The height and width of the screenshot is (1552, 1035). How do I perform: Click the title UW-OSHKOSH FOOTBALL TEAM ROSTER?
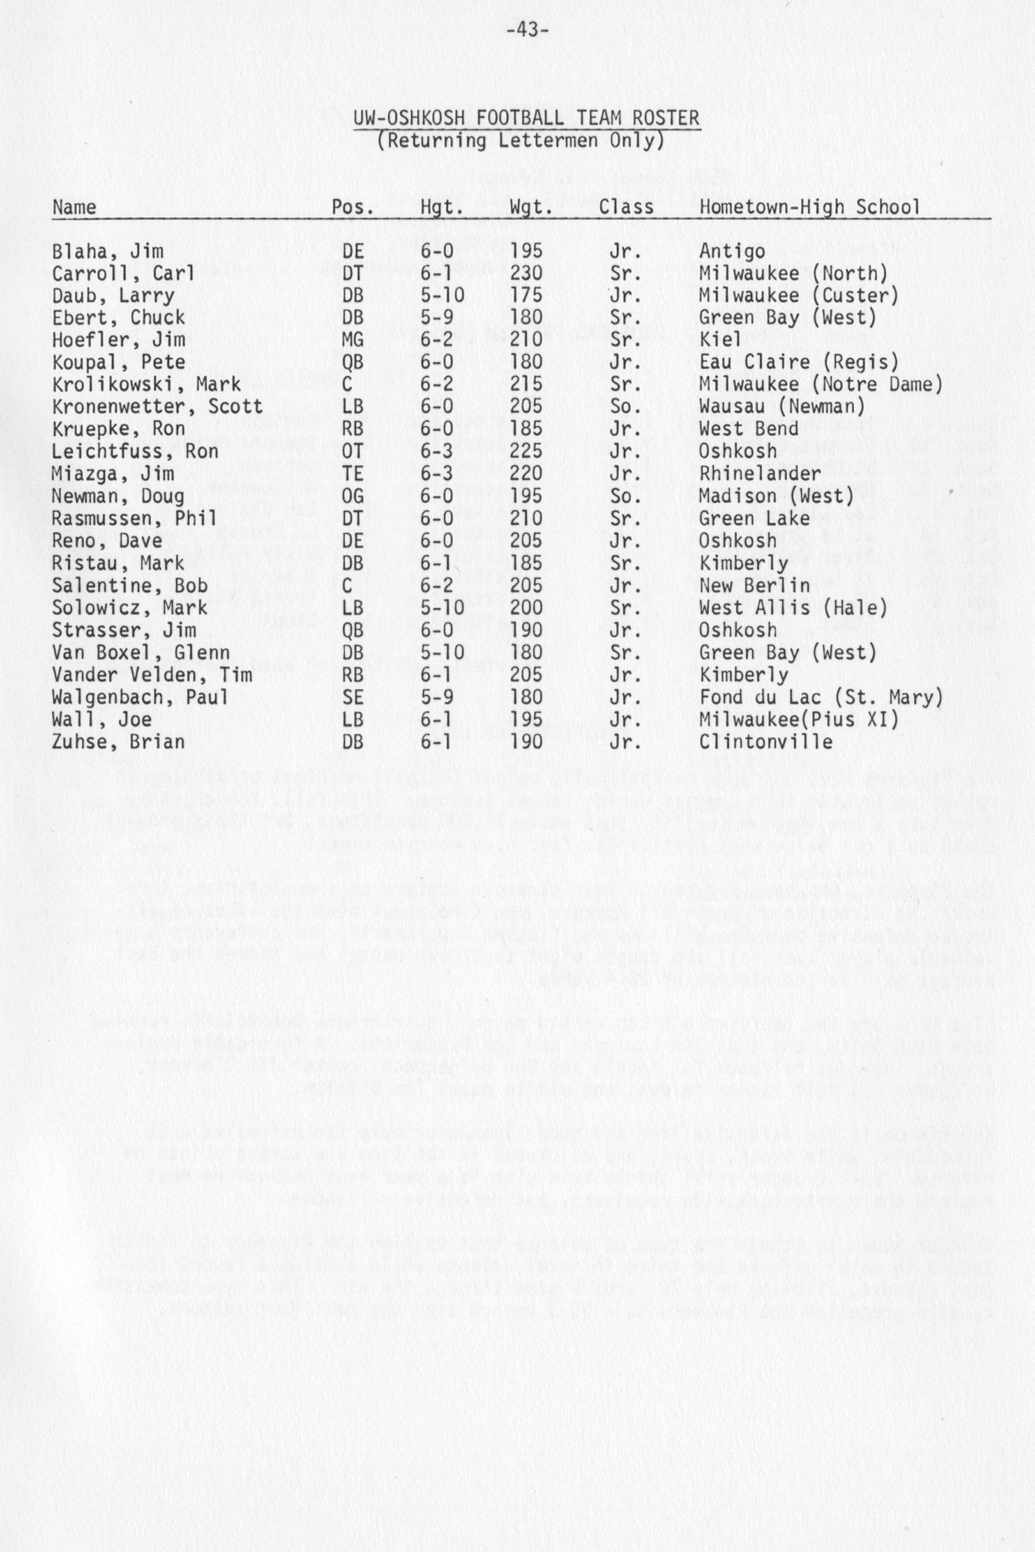pos(526,118)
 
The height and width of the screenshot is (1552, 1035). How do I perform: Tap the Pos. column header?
pos(352,208)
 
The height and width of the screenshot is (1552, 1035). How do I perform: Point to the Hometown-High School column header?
pos(809,208)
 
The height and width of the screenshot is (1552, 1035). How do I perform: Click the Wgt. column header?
pos(531,208)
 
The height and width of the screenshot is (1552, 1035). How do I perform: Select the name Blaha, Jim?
pos(108,252)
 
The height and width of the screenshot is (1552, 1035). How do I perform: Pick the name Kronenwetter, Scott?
pos(157,407)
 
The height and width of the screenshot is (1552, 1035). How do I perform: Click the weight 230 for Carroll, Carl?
pos(526,273)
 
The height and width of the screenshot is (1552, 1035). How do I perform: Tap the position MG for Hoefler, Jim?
pos(352,340)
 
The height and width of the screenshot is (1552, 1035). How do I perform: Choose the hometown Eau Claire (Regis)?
pos(799,362)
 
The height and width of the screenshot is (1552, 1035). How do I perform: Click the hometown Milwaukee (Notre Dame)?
pos(820,385)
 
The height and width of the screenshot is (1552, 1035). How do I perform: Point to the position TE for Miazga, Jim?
pos(352,473)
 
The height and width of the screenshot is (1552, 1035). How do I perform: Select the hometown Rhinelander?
pos(760,473)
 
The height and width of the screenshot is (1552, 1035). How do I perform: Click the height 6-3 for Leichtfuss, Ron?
pos(436,451)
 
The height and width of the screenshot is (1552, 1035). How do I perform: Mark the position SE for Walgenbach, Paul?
pos(352,697)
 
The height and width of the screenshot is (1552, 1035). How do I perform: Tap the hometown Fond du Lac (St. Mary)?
pos(820,697)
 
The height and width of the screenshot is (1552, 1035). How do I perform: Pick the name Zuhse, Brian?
pos(118,742)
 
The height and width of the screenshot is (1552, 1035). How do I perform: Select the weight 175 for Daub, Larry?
pos(526,295)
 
